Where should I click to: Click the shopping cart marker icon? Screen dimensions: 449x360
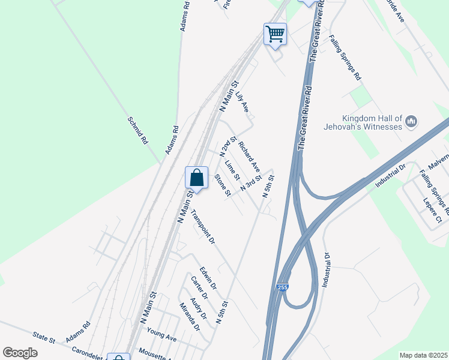(275, 34)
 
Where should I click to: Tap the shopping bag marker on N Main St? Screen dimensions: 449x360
(196, 178)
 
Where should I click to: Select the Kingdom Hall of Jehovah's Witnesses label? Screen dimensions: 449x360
(371, 122)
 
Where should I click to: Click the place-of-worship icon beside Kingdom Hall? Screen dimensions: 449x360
(412, 122)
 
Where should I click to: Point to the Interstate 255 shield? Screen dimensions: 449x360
(283, 289)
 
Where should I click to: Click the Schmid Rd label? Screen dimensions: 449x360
(137, 131)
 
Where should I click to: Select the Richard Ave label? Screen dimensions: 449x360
(249, 155)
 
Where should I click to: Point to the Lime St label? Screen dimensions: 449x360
(232, 170)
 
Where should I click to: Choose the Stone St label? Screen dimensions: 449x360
(223, 185)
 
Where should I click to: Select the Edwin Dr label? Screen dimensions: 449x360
(208, 277)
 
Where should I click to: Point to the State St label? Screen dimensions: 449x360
(44, 338)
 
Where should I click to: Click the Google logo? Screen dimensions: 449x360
(20, 353)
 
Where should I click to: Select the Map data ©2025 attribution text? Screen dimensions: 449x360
(423, 355)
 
